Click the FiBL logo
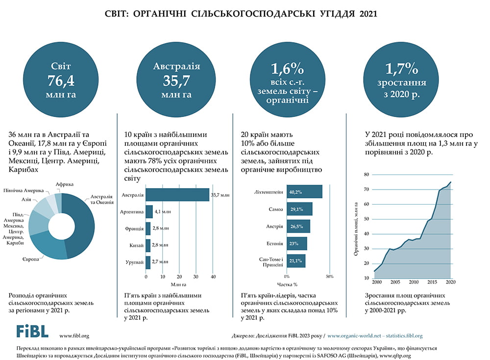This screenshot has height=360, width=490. [32, 331]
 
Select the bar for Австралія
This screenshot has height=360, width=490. [177, 195]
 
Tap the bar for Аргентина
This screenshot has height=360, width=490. [149, 212]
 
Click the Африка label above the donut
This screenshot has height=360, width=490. [65, 185]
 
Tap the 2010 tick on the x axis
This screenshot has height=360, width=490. [414, 283]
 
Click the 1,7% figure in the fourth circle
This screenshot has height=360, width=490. [401, 68]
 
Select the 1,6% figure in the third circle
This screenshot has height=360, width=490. [287, 68]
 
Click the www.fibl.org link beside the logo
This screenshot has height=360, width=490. [74, 336]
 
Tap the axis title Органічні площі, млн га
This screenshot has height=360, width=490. [356, 228]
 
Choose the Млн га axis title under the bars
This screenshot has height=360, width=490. [179, 285]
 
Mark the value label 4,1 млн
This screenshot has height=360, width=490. [162, 212]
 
